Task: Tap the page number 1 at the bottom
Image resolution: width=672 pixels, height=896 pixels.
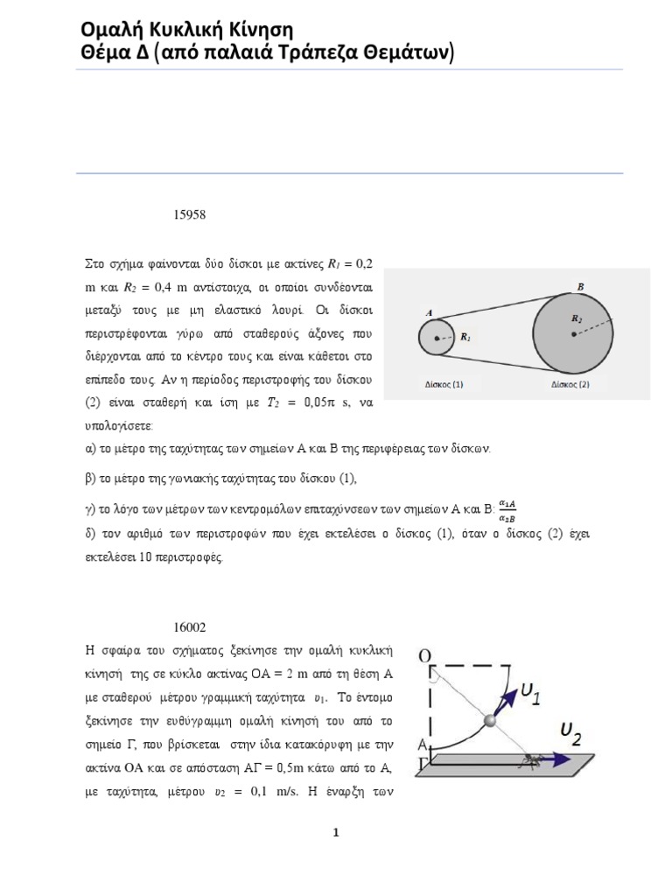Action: (335, 833)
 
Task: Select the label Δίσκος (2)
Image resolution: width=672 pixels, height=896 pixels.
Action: (571, 384)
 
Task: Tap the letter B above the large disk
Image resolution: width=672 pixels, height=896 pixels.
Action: (581, 286)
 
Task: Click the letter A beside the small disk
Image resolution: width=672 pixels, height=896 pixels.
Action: (428, 311)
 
